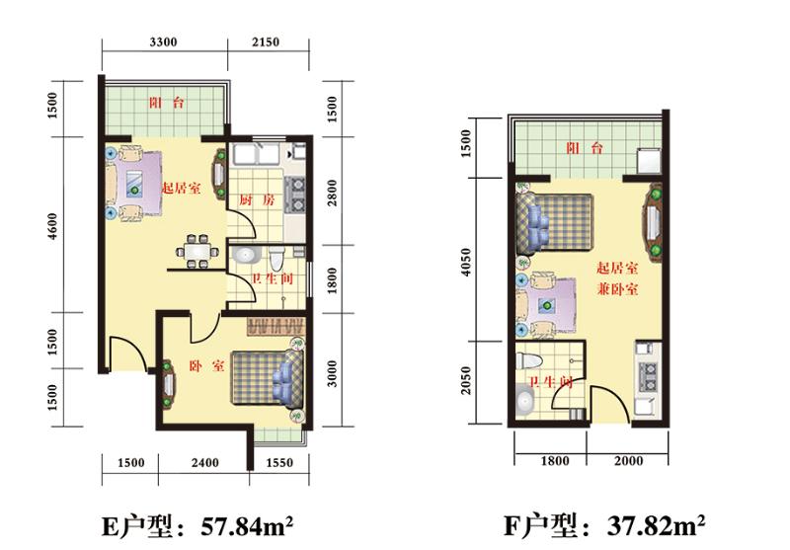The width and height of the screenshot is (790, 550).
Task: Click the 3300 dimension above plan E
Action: coord(163,41)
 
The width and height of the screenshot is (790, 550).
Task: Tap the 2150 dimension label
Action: coord(266,41)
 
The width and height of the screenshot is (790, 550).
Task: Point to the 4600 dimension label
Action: coord(52,227)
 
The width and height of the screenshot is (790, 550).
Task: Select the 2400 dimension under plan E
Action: coord(205,462)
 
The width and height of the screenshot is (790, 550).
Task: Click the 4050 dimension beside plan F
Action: coord(466,262)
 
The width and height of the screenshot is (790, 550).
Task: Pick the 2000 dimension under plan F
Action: coord(628,461)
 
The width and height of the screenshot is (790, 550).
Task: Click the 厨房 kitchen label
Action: coord(257,200)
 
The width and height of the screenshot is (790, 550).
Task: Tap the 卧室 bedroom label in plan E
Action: coord(206,365)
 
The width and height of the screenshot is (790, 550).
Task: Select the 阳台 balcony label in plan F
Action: coord(585,148)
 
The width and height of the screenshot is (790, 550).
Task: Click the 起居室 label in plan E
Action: coord(181,189)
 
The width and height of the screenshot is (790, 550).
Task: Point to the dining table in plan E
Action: coord(197,251)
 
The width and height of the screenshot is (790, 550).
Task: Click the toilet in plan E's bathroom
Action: coord(276,258)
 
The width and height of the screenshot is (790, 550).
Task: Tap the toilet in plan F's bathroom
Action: coord(529,360)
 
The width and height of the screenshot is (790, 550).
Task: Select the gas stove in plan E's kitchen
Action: coord(294,194)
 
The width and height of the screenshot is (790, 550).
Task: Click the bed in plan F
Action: coord(554,222)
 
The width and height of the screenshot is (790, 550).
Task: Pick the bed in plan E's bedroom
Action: coord(268,378)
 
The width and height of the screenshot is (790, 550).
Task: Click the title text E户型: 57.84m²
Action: coord(197,526)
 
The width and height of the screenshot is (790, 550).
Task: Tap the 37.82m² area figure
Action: coord(656,526)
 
